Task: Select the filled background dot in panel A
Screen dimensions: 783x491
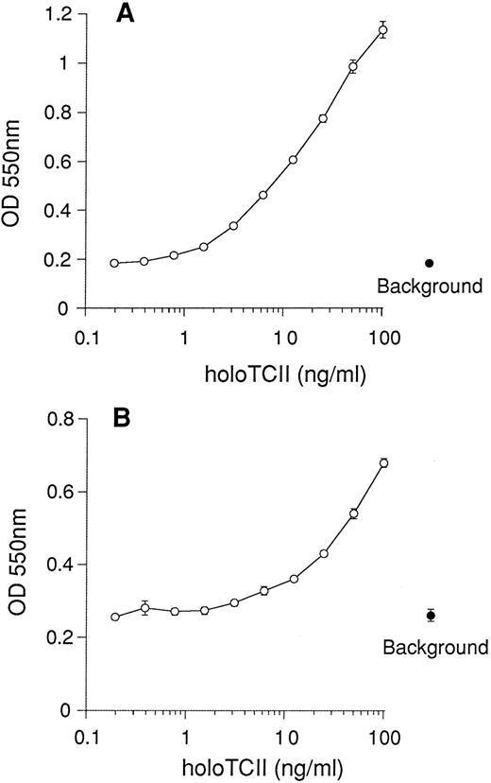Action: click(430, 263)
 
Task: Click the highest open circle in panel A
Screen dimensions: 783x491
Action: click(382, 30)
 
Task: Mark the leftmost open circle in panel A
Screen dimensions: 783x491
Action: click(114, 263)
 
